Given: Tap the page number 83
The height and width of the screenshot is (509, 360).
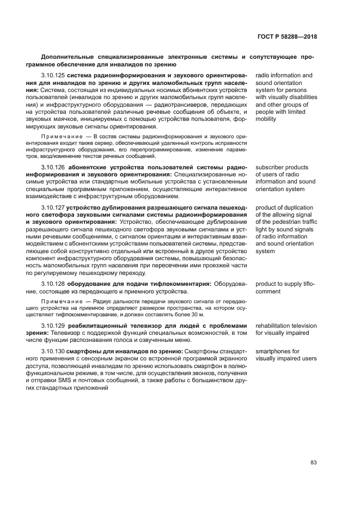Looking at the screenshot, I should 313,463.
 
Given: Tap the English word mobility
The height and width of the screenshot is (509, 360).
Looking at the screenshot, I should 266,119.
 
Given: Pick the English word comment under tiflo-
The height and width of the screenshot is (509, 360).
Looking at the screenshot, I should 268,291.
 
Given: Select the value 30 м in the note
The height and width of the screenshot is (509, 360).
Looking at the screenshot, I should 197,314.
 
